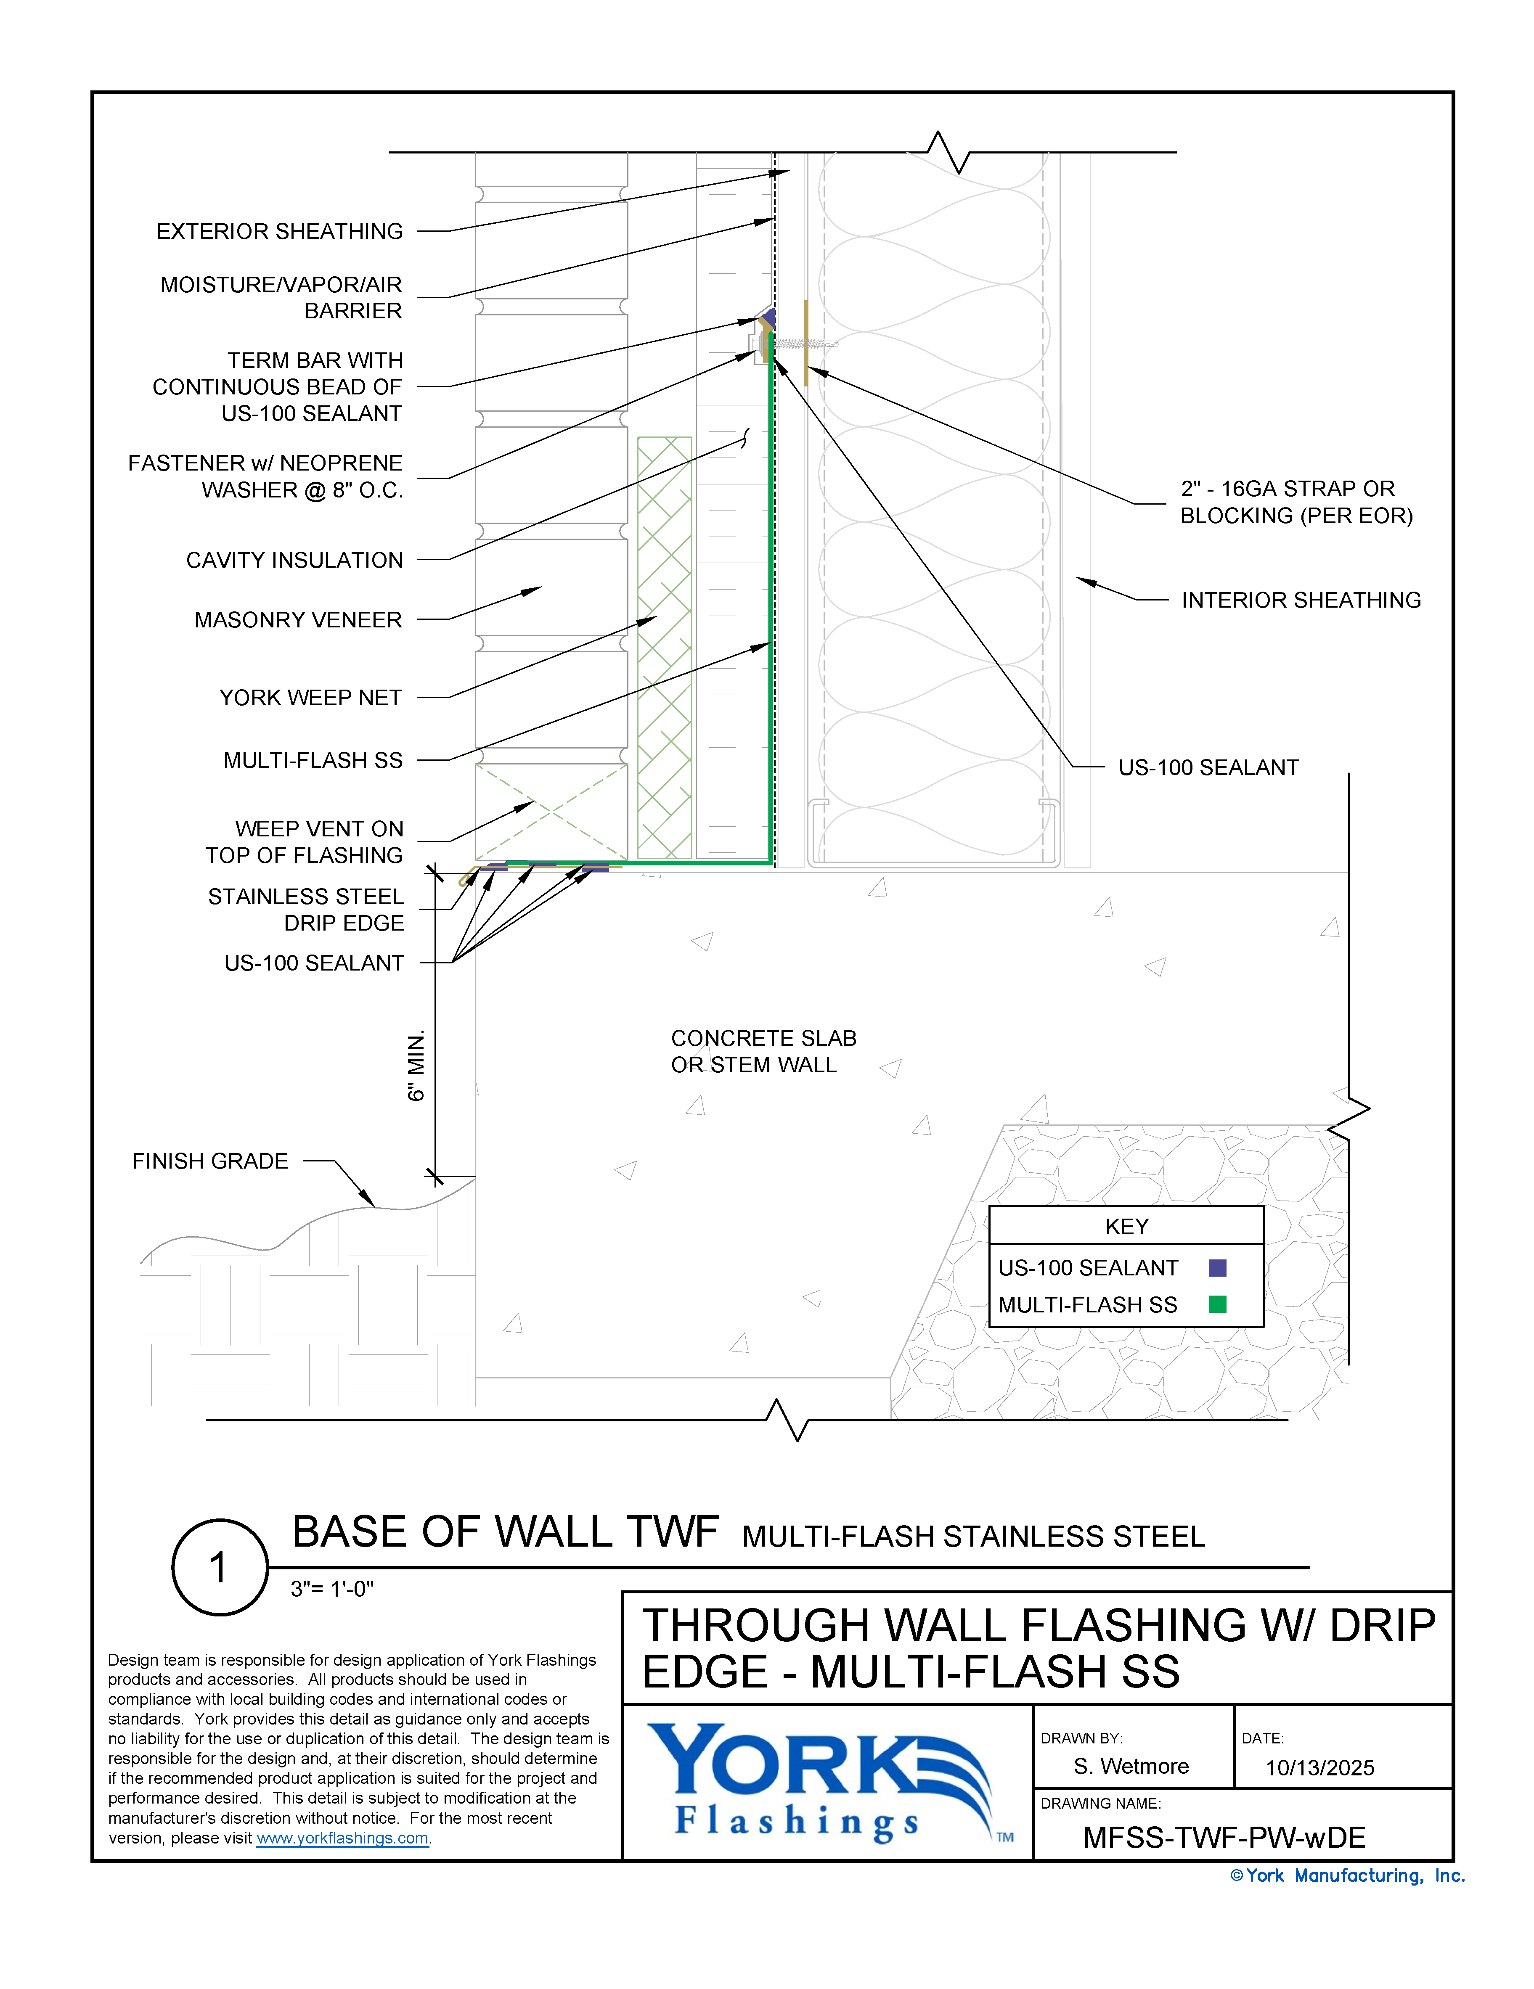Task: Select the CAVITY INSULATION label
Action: coord(294,560)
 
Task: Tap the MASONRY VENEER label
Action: coord(298,620)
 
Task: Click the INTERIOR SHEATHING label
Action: coord(1301,600)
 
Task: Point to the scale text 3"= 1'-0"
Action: coord(331,1589)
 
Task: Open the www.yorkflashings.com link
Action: coord(342,1838)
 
